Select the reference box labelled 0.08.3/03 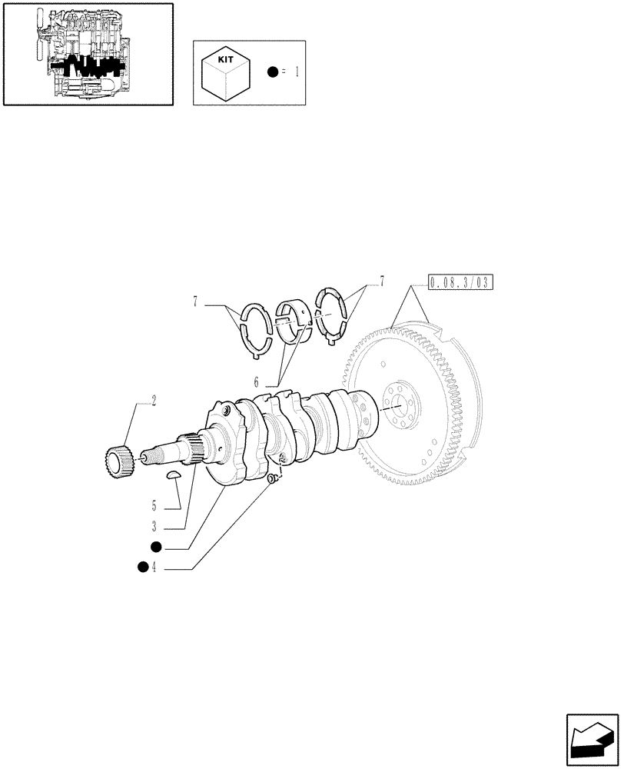coord(460,283)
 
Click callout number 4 coord(154,568)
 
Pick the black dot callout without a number coord(155,547)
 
